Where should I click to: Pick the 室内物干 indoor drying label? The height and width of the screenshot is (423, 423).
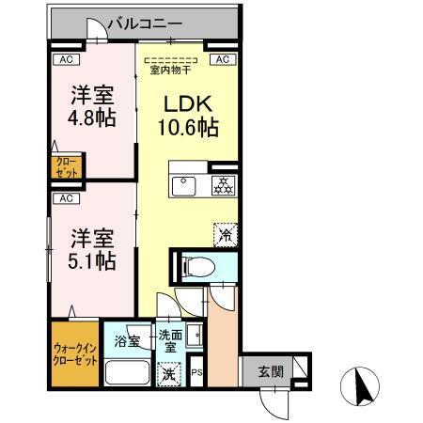tap(171, 69)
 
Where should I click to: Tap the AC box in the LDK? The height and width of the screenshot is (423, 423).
tap(223, 59)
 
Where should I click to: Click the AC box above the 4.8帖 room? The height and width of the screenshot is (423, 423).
tap(65, 59)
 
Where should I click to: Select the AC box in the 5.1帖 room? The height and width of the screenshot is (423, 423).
tap(65, 198)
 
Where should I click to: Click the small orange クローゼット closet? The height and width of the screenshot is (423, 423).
tap(67, 168)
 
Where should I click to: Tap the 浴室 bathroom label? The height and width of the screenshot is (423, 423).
tap(127, 339)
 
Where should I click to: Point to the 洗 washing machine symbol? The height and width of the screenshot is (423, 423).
tap(165, 373)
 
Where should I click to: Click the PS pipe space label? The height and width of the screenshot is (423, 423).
tap(196, 373)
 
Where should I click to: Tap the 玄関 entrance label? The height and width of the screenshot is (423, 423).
tap(271, 371)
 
